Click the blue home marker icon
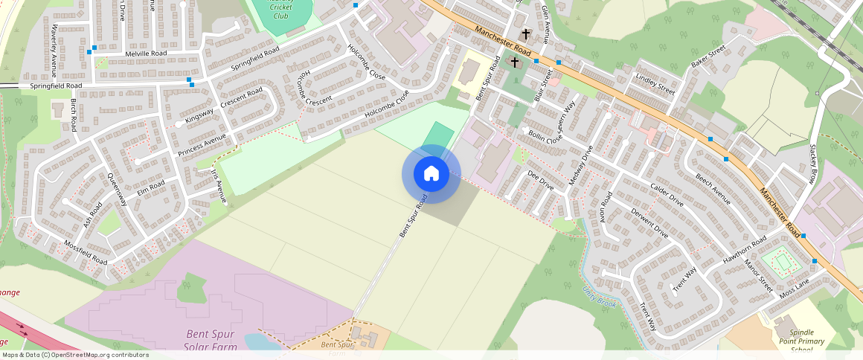pyautogui.click(x=431, y=174)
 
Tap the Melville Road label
pyautogui.click(x=146, y=54)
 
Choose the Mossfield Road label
pyautogui.click(x=86, y=253)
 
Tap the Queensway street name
pyautogui.click(x=118, y=190)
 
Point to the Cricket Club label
pyautogui.click(x=280, y=10)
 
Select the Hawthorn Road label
pyautogui.click(x=744, y=251)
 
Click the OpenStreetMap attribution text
pyautogui.click(x=74, y=355)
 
